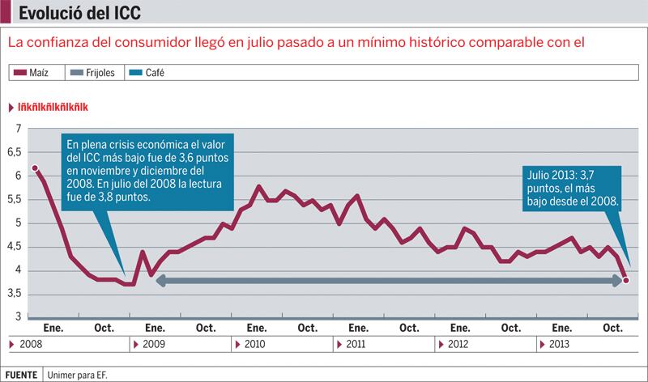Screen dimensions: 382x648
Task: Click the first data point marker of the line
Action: (x=35, y=168)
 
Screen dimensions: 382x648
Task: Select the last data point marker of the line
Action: (x=626, y=281)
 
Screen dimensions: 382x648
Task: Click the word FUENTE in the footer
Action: (x=21, y=375)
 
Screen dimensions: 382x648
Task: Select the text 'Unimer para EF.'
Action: (x=78, y=375)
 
